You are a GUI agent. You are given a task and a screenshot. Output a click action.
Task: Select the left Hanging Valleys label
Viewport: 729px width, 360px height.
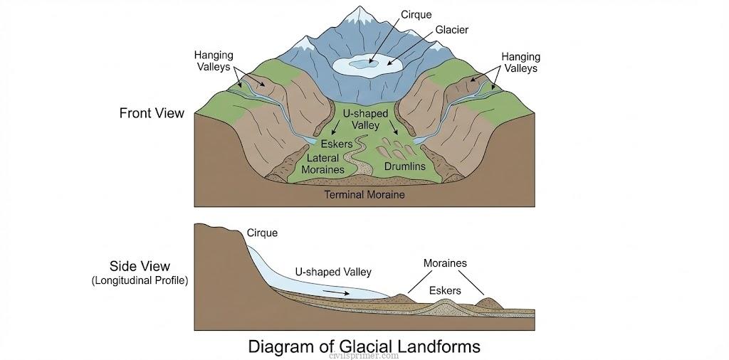pos(214,62)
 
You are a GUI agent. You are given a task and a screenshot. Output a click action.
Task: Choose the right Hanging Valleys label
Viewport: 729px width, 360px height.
pos(520,63)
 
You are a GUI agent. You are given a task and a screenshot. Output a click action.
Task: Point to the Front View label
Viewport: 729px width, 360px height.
pos(152,112)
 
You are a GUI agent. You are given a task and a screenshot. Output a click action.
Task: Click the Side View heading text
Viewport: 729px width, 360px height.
pos(140,266)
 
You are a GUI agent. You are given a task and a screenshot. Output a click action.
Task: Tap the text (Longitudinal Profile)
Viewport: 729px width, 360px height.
pos(140,280)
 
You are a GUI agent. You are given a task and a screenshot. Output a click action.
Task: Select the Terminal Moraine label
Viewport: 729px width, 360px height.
pos(364,194)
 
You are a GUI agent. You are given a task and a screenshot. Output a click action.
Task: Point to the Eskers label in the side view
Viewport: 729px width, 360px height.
pos(444,290)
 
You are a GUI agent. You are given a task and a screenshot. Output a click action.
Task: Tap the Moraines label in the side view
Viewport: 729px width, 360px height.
pos(445,263)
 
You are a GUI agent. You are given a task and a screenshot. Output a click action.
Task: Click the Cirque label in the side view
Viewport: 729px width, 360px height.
pos(262,233)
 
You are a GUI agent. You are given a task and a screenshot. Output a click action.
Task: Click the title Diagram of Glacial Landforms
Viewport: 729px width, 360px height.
pos(364,346)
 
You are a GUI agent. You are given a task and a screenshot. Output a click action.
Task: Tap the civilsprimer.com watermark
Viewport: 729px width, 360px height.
pos(364,356)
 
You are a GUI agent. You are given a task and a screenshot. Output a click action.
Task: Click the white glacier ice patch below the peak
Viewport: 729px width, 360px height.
pos(367,64)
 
